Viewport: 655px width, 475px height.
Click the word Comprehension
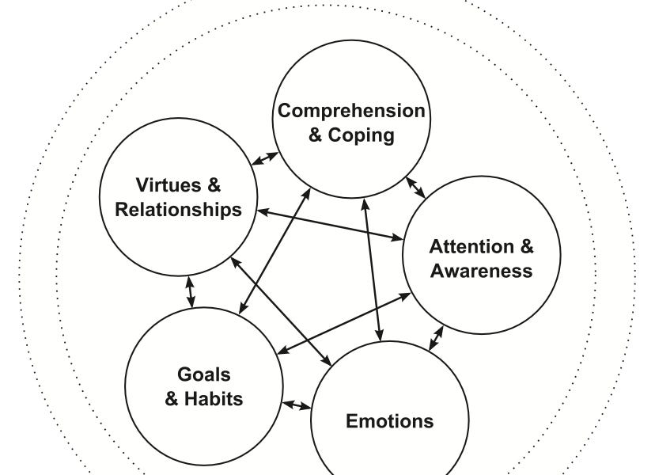[x=350, y=111]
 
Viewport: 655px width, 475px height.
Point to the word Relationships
[x=178, y=210]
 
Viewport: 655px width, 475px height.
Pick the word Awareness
[x=481, y=271]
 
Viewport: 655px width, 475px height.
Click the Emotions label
[x=389, y=420]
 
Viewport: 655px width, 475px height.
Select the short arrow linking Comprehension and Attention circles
[x=415, y=187]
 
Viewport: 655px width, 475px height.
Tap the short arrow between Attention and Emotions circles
[x=436, y=338]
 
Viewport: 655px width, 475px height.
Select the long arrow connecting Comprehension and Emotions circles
[x=372, y=269]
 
